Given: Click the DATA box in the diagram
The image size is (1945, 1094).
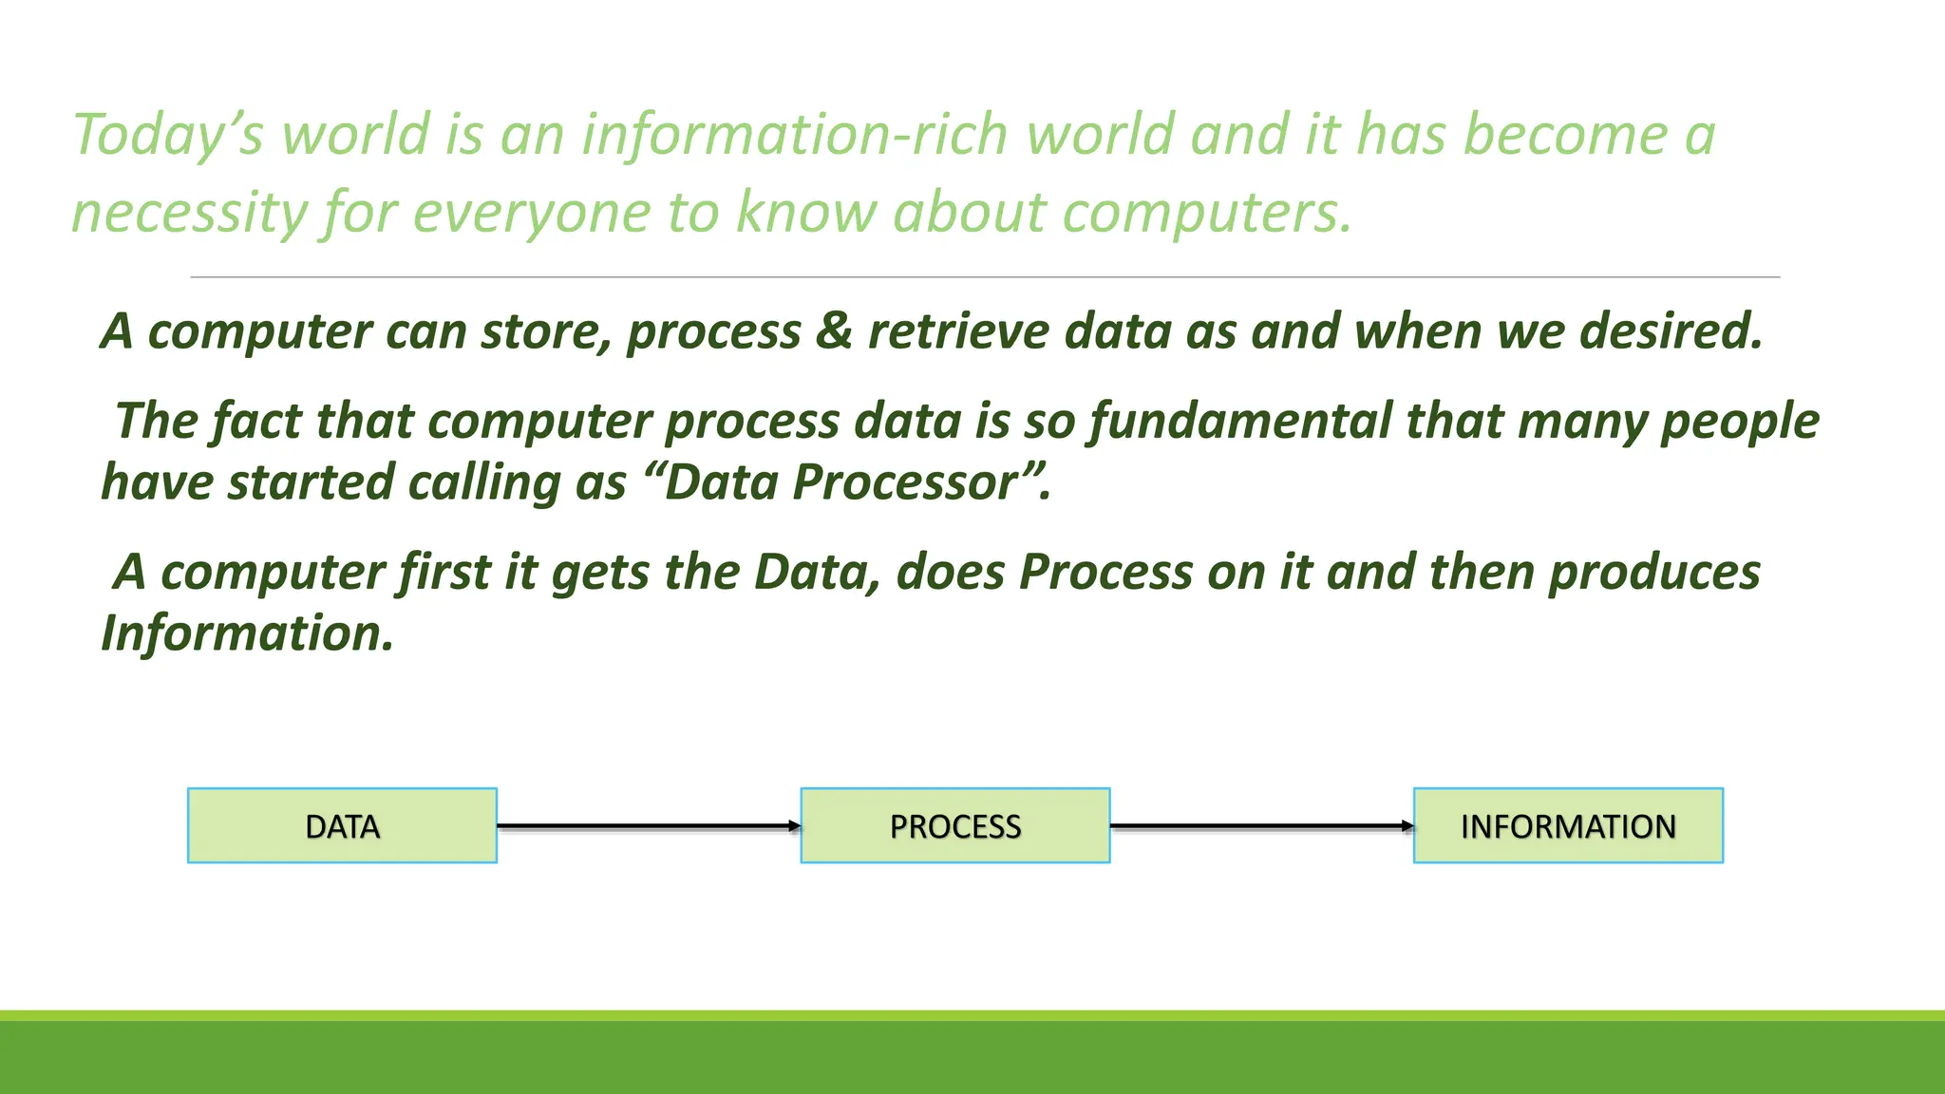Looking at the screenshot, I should [342, 826].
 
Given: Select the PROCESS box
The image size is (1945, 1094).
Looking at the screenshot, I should [955, 826].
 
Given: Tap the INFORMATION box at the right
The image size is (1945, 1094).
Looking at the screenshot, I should [1568, 826].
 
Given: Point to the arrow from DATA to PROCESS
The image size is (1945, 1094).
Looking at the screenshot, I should [649, 826].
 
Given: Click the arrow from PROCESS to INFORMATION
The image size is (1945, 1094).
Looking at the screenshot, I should [1261, 826].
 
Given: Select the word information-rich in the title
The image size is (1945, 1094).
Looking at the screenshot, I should [794, 135].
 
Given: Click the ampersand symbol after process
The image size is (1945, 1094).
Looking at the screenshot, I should [834, 331].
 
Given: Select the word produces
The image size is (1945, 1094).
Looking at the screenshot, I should [1654, 573].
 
